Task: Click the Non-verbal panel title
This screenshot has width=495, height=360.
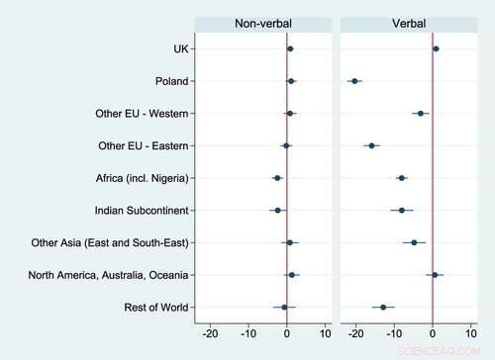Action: [261, 24]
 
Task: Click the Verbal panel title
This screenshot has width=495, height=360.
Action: [409, 24]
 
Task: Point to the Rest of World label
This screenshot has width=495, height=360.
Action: [157, 308]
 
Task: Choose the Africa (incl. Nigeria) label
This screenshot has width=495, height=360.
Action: [138, 178]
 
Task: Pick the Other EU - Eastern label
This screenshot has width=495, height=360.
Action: [144, 146]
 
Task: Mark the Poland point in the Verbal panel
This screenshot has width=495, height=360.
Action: [355, 81]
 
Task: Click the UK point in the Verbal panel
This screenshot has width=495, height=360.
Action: [436, 48]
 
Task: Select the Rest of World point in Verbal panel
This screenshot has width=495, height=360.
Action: [383, 308]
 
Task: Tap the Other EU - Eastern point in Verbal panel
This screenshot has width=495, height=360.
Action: [371, 145]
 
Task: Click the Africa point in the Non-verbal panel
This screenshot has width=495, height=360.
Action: [277, 178]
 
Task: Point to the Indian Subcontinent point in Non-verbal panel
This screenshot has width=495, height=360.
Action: [277, 211]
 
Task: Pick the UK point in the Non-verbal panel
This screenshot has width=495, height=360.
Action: [290, 48]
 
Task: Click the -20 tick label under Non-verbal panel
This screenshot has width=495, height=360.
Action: [210, 335]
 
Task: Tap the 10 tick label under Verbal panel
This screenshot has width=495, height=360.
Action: [472, 335]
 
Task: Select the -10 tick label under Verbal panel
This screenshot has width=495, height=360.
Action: [394, 335]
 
